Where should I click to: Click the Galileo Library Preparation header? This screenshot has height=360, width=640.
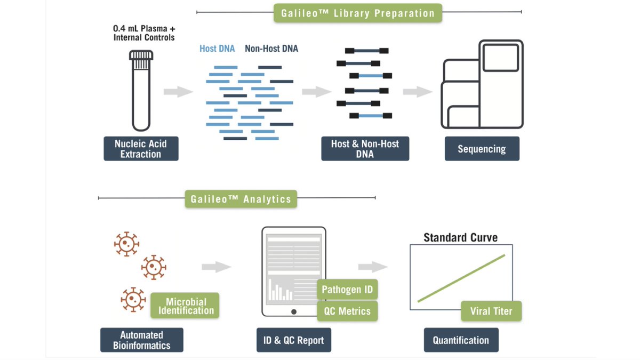(x=357, y=13)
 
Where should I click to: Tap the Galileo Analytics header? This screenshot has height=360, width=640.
(x=241, y=199)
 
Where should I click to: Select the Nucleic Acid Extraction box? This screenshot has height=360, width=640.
(x=141, y=149)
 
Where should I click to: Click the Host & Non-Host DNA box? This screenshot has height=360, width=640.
(x=365, y=149)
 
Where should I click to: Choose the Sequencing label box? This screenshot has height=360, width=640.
(x=482, y=149)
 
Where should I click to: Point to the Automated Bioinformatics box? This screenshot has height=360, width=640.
(x=141, y=340)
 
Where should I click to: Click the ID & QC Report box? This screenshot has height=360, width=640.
(x=293, y=340)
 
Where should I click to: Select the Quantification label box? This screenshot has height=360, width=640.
(x=461, y=340)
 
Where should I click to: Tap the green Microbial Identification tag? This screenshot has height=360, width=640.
(x=186, y=306)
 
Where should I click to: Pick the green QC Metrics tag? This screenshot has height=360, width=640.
(x=347, y=311)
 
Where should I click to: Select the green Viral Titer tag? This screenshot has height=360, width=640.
(x=491, y=311)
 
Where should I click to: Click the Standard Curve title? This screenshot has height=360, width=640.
(x=460, y=237)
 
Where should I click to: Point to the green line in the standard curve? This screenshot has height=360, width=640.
(x=461, y=278)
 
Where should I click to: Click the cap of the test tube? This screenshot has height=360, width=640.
(x=141, y=55)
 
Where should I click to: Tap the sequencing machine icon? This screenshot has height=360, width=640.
(x=482, y=85)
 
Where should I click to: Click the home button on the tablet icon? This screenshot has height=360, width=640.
(x=293, y=311)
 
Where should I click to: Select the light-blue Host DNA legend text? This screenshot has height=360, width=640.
(x=217, y=49)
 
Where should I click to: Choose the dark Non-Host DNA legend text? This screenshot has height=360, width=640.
(x=271, y=49)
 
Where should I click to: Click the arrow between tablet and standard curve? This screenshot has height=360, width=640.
(x=372, y=267)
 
